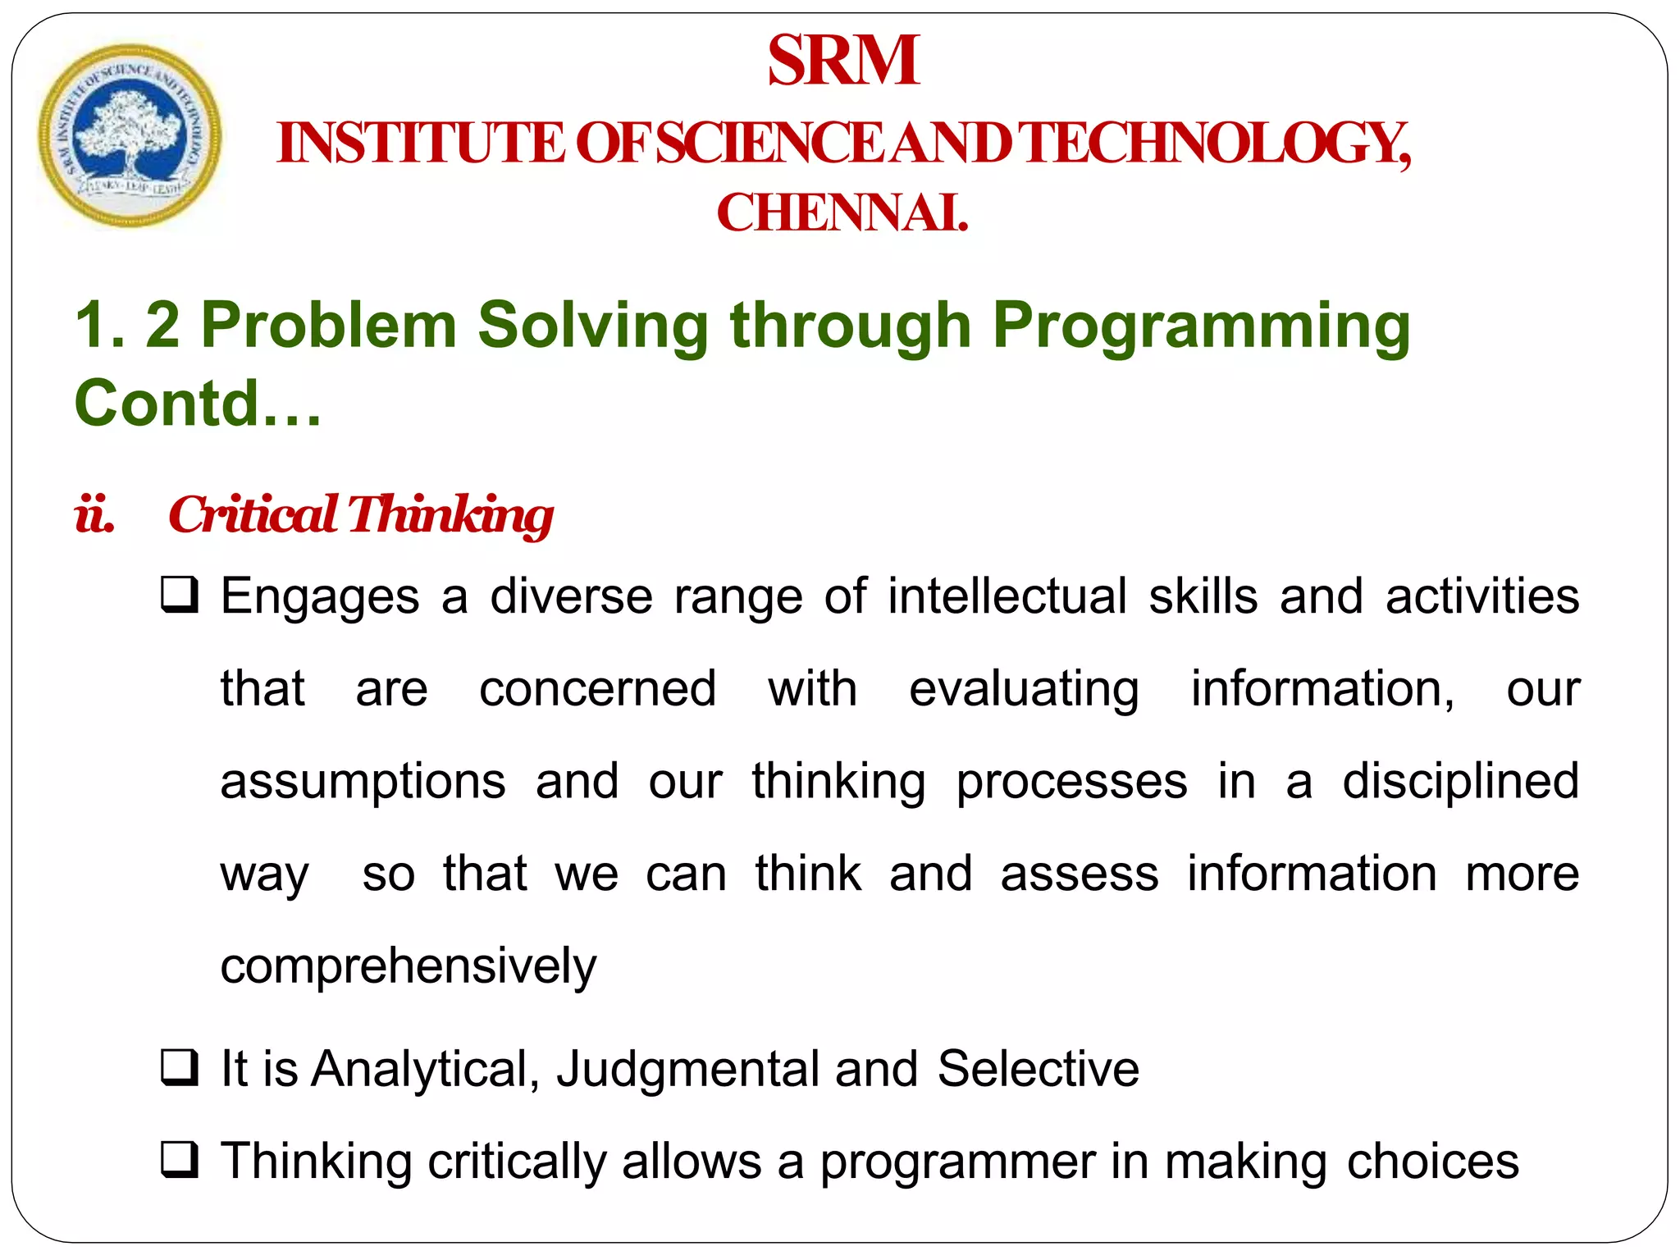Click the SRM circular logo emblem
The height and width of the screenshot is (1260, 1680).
pyautogui.click(x=130, y=135)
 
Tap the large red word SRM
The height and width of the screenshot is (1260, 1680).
pyautogui.click(x=842, y=61)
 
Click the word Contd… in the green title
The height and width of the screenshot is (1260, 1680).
pyautogui.click(x=197, y=404)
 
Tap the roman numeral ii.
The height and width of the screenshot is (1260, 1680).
pyautogui.click(x=94, y=515)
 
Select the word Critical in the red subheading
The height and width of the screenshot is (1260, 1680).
pyautogui.click(x=253, y=515)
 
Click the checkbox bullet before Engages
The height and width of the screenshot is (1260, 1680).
pyautogui.click(x=179, y=595)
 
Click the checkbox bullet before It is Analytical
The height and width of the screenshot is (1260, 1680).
pyautogui.click(x=179, y=1067)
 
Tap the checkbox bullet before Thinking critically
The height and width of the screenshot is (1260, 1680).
pyautogui.click(x=179, y=1160)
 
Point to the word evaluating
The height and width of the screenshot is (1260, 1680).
pyautogui.click(x=1024, y=689)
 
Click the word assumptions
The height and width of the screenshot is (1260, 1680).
pyautogui.click(x=363, y=782)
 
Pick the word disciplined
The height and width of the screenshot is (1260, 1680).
pyautogui.click(x=1460, y=782)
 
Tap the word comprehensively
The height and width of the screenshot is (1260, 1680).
pyautogui.click(x=408, y=967)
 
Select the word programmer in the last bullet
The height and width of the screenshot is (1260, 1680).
pyautogui.click(x=957, y=1163)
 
